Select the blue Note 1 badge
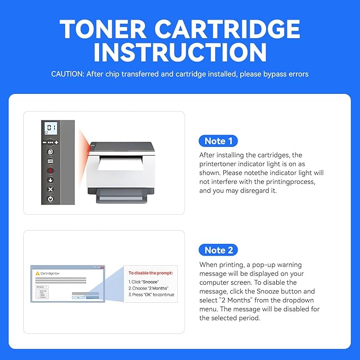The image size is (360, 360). point(218,141)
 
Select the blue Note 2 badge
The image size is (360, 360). point(218,250)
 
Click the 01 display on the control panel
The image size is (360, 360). point(51,128)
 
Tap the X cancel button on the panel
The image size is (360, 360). point(51,189)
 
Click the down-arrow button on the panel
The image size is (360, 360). point(51,180)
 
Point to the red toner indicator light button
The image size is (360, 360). point(51,171)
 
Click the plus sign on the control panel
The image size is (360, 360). point(56,143)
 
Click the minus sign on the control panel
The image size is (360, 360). point(45,143)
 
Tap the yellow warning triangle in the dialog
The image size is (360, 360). point(38,273)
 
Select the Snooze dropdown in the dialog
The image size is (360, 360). point(42,286)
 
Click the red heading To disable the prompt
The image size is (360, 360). point(151,273)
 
